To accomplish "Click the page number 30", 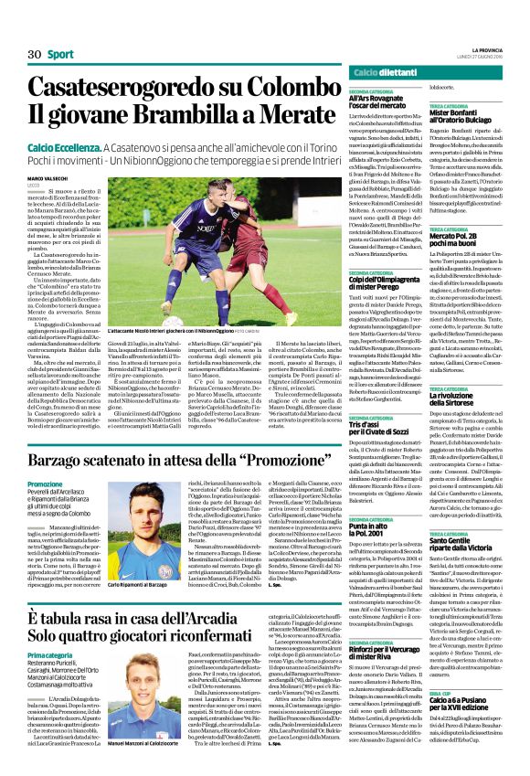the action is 35,55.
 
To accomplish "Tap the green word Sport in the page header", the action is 61,55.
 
